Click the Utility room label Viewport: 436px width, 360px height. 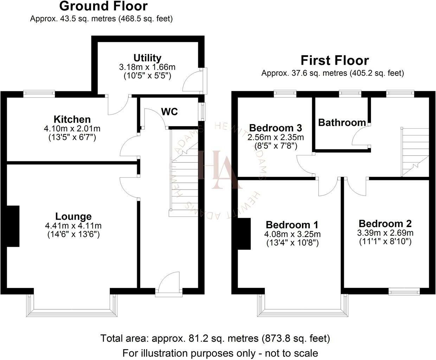147,58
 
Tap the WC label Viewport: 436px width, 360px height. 169,112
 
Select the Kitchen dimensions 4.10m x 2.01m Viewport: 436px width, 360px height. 72,128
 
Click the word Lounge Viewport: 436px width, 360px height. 73,216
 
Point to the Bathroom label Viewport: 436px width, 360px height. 342,123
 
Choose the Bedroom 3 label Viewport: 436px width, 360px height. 275,128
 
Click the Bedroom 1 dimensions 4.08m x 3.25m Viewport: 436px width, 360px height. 292,234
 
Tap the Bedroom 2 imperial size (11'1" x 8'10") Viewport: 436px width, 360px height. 385,242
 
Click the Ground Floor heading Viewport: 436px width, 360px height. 103,6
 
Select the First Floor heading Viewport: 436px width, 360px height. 335,60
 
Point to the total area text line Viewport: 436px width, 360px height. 215,338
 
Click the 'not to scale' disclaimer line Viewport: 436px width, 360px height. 220,353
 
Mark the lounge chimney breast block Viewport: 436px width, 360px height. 13,226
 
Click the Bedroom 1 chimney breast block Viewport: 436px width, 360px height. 244,234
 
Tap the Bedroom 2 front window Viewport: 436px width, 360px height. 404,291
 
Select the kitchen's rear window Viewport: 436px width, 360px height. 39,94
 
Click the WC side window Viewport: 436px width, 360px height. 202,111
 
